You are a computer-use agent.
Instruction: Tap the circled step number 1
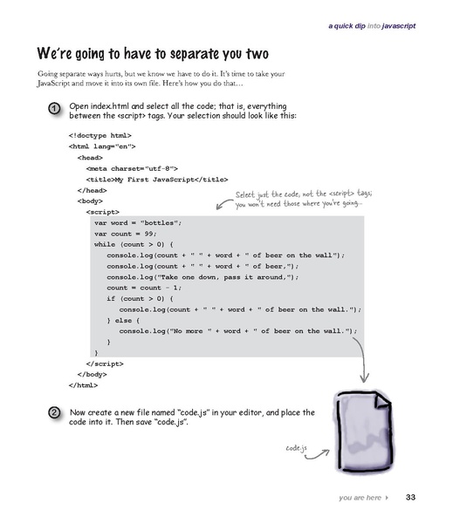pos(54,109)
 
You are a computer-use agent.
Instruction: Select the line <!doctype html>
pos(100,137)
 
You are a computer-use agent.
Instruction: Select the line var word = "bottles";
pos(137,223)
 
